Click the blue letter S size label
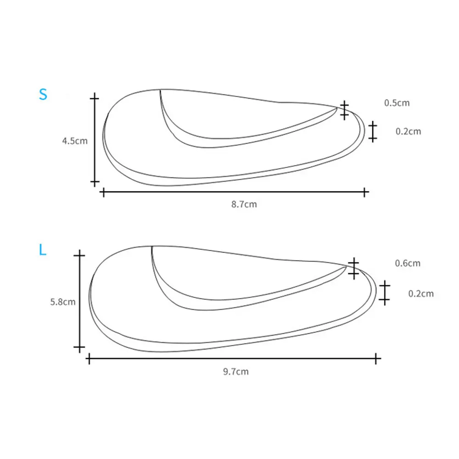[x=43, y=94]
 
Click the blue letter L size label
[x=42, y=250]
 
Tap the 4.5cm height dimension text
[x=75, y=141]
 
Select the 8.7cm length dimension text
[x=244, y=204]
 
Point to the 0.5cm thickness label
[x=397, y=103]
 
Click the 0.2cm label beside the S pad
[x=408, y=131]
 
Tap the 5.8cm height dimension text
[x=62, y=302]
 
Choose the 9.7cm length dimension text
[x=235, y=371]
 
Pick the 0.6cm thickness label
[x=408, y=263]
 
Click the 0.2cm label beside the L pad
[x=421, y=294]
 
